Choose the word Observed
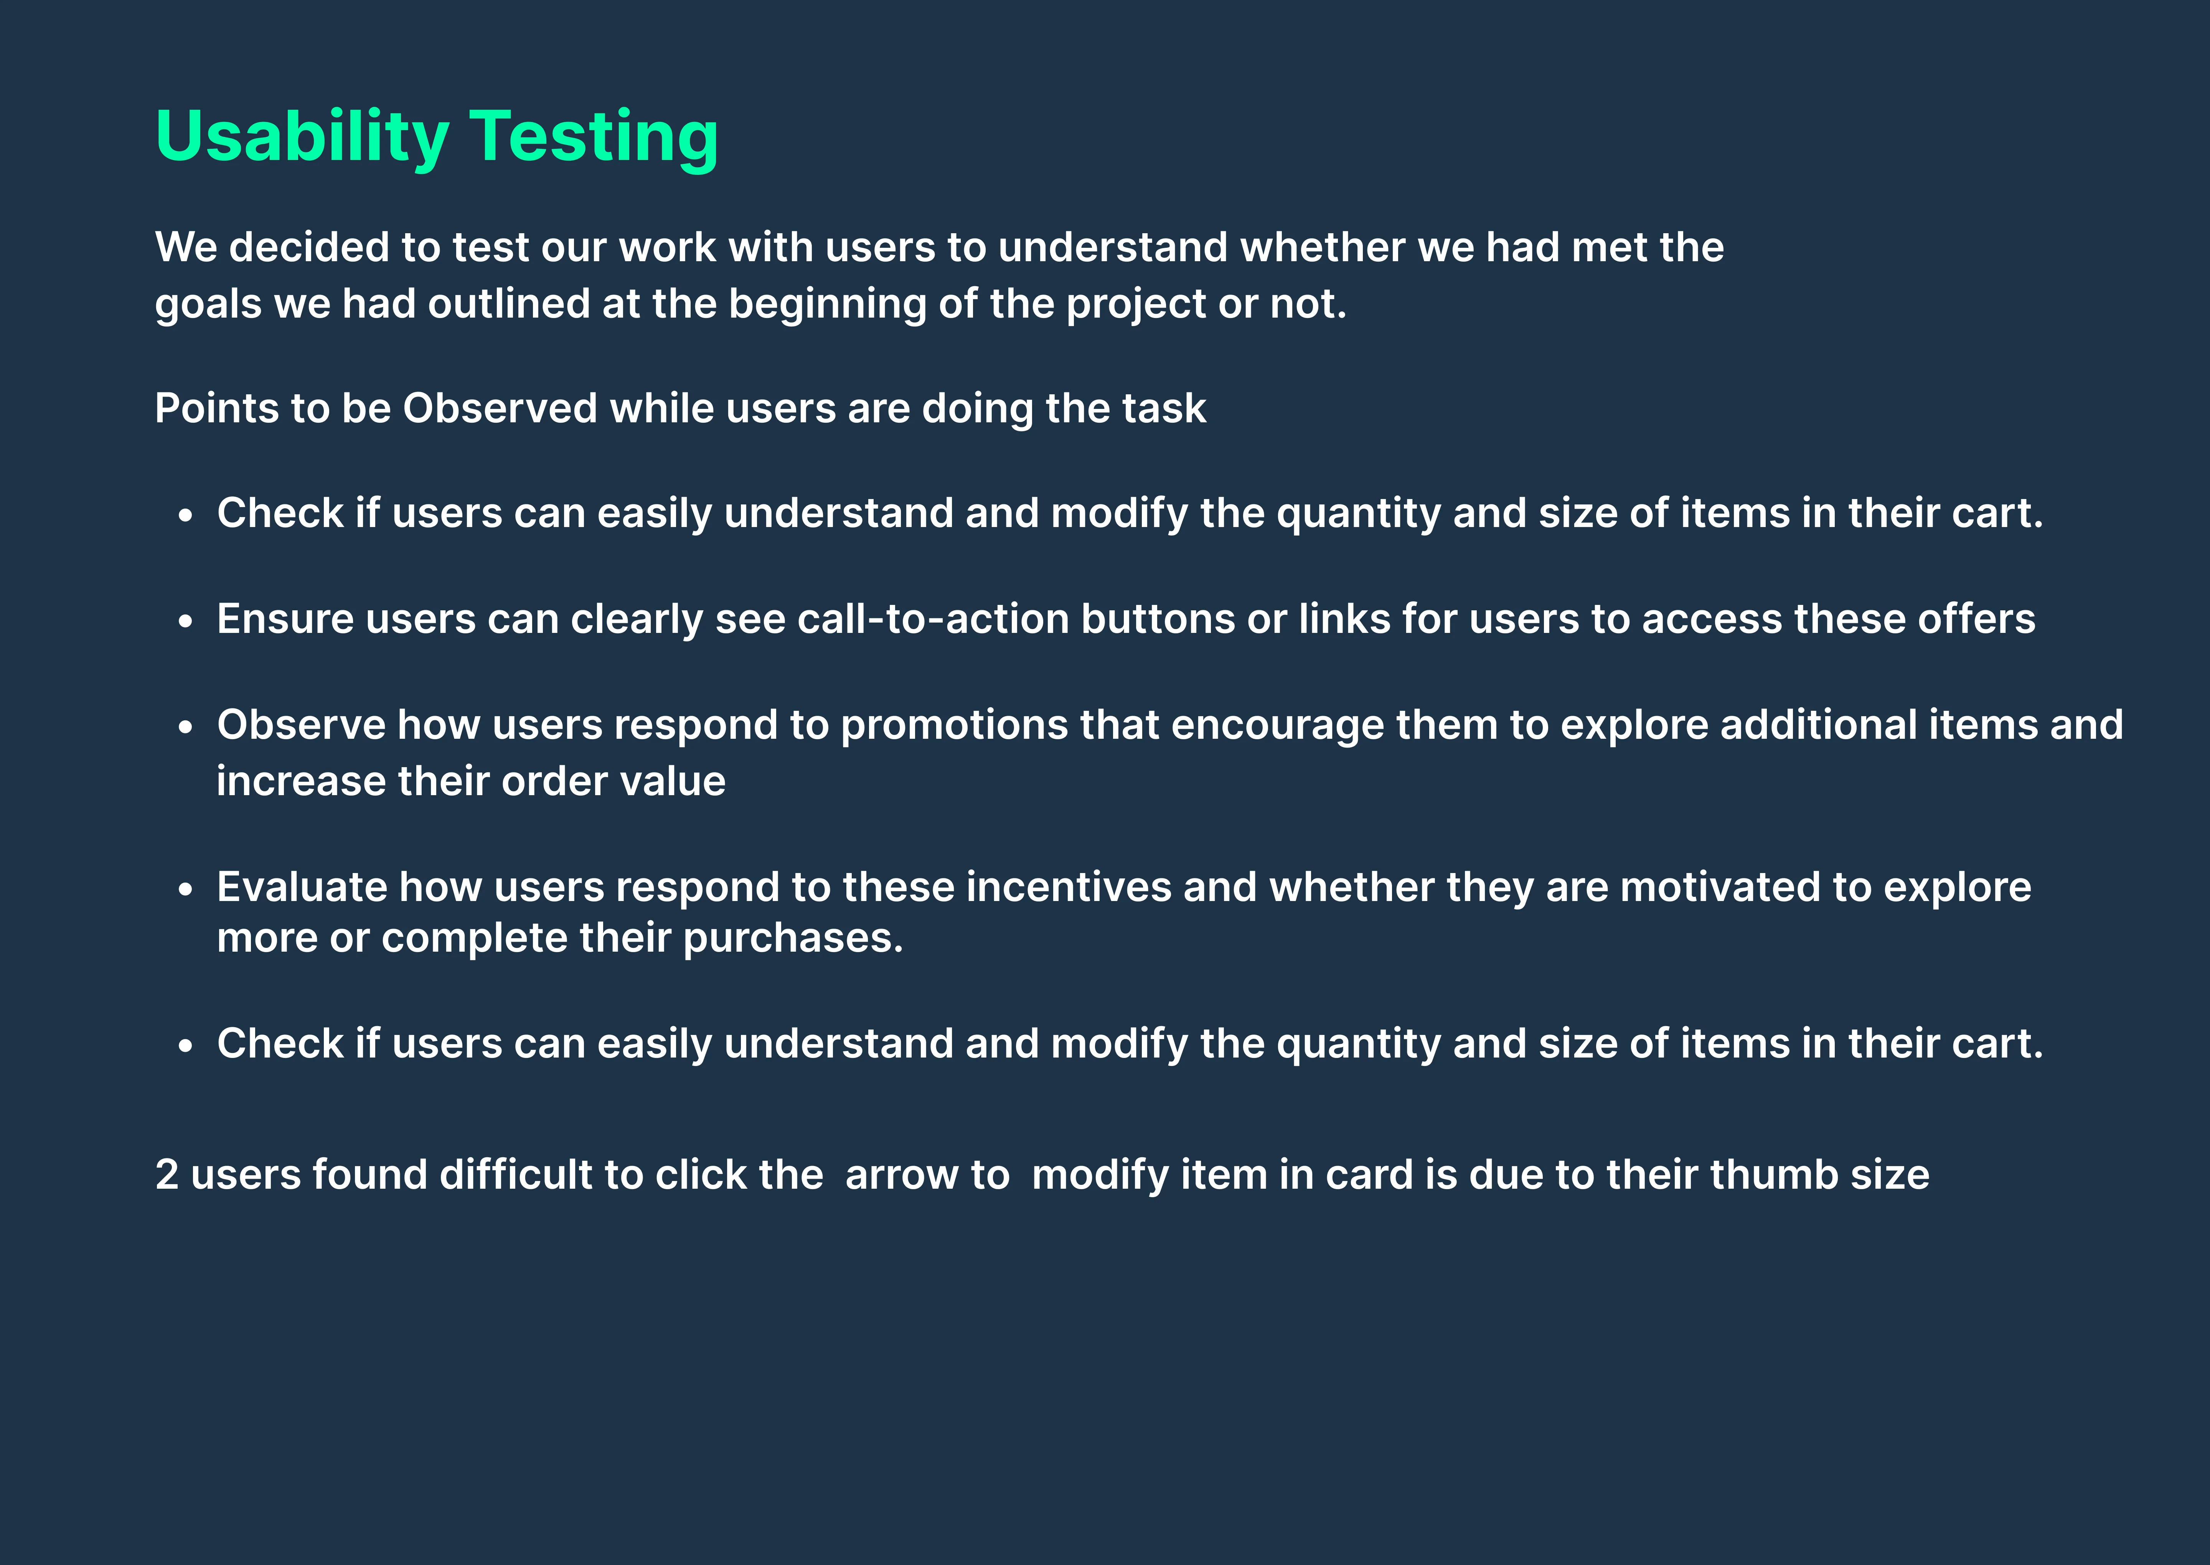click(500, 409)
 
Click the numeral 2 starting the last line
click(167, 1175)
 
